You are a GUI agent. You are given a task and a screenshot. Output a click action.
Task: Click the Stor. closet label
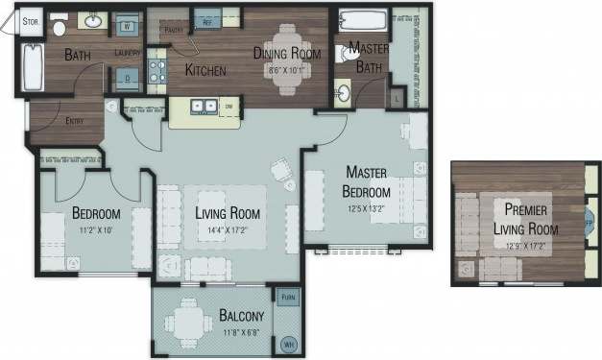point(31,17)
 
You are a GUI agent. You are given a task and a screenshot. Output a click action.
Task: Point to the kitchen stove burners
point(157,71)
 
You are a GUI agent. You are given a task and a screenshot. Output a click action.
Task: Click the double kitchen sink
point(203,107)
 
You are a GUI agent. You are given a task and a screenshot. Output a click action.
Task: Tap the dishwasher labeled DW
point(229,107)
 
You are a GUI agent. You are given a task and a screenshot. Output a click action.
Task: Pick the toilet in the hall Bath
point(60,24)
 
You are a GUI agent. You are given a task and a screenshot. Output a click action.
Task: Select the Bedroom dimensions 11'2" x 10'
point(94,230)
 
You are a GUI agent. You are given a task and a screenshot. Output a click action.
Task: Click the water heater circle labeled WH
point(287,345)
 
